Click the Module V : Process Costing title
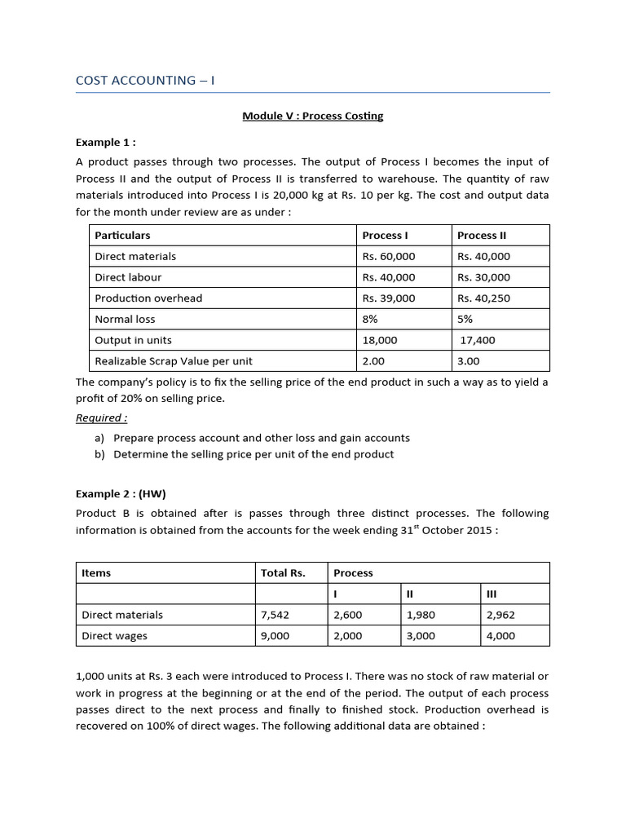click(x=312, y=116)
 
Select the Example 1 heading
click(x=106, y=141)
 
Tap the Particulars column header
click(x=122, y=235)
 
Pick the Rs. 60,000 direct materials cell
click(x=389, y=256)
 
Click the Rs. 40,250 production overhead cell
click(x=483, y=298)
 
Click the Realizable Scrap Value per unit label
click(x=173, y=361)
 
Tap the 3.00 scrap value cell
click(x=469, y=361)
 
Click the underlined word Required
click(x=102, y=418)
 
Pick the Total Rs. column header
click(x=283, y=572)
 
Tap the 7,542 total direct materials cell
click(x=275, y=615)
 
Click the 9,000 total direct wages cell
click(x=275, y=636)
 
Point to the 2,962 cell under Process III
click(x=500, y=615)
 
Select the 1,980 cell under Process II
click(x=421, y=615)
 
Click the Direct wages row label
click(x=115, y=636)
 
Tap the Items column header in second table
click(x=96, y=572)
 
